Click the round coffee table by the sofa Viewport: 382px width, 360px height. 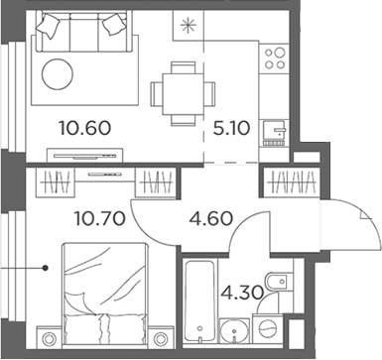point(59,75)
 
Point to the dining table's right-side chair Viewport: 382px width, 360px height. point(206,91)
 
